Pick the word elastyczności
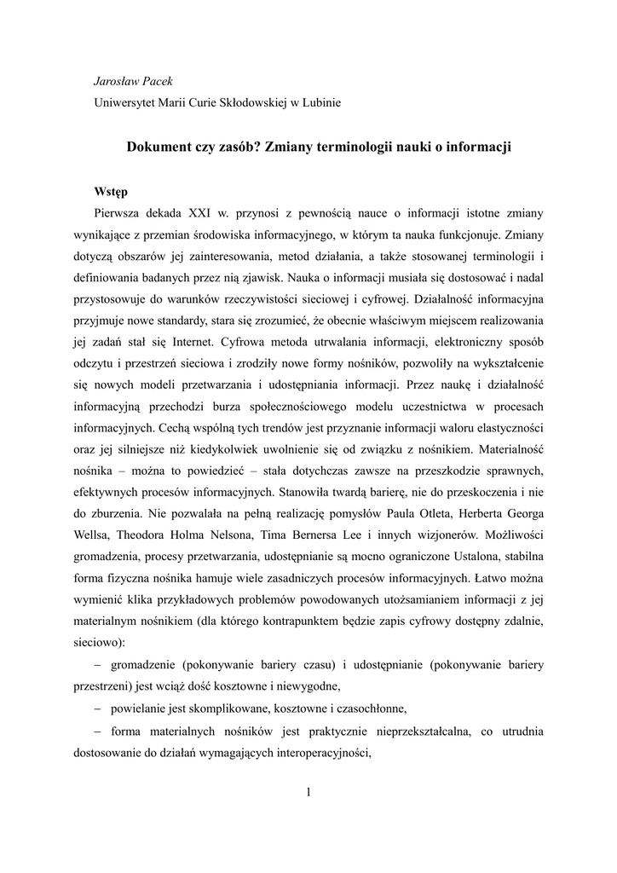[x=508, y=426]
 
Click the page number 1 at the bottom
[x=308, y=793]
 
